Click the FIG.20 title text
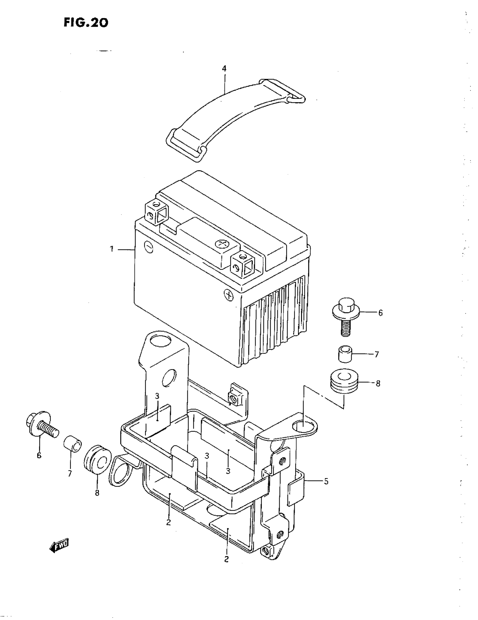[86, 22]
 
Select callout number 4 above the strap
[224, 69]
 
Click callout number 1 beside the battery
[112, 249]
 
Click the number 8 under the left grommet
[97, 493]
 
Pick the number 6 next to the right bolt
[380, 313]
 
